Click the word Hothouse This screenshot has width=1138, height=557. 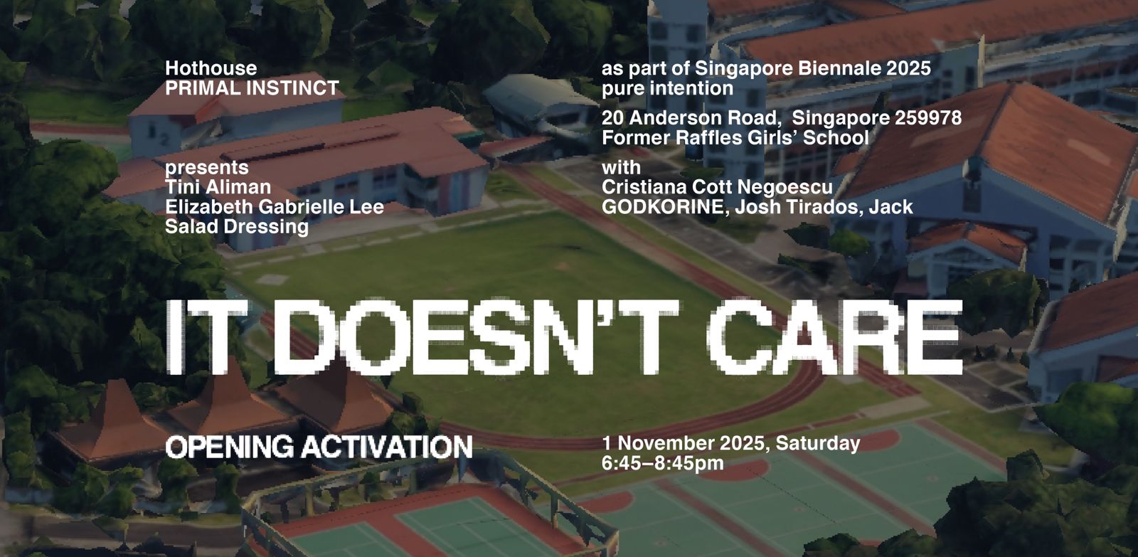[211, 68]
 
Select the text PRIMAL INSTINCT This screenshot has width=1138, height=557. [252, 88]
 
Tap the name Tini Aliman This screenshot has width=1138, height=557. [218, 187]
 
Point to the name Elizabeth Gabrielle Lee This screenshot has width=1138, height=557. [275, 207]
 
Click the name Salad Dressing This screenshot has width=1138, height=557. [237, 227]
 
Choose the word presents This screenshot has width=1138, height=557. [207, 168]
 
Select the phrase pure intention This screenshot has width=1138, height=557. [667, 88]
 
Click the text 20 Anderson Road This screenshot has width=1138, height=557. [689, 118]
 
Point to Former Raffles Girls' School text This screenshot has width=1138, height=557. [735, 138]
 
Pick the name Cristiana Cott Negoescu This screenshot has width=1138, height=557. [717, 187]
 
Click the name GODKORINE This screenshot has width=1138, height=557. [662, 207]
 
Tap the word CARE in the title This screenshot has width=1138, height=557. [835, 337]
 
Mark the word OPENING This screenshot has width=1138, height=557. [230, 447]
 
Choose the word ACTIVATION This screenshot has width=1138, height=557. [387, 447]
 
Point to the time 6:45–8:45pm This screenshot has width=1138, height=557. [662, 464]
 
